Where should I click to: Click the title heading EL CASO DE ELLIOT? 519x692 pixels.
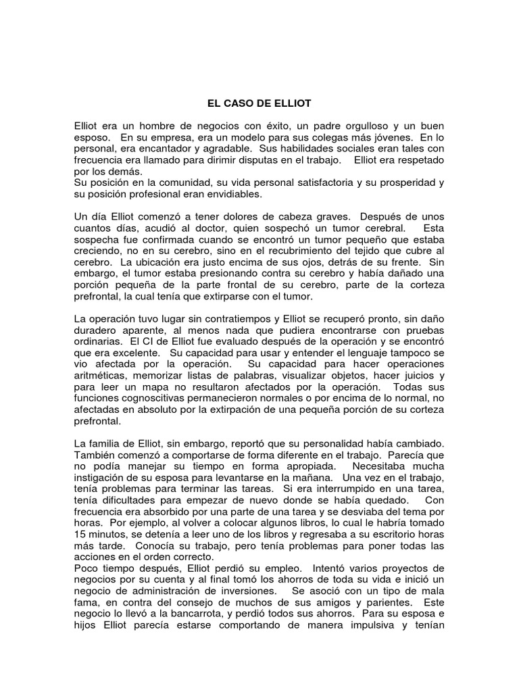click(x=259, y=105)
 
